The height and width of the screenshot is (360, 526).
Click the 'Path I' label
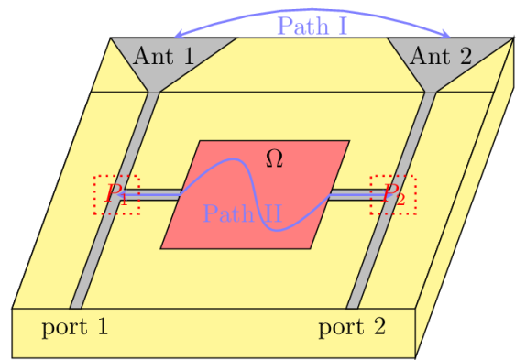point(312,25)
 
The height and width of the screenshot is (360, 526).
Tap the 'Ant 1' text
point(163,57)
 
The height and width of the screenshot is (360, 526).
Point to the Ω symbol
point(273,158)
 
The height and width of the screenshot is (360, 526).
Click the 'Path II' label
point(242,215)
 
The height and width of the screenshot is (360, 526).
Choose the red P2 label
point(394,193)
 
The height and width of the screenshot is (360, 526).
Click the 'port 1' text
point(74,327)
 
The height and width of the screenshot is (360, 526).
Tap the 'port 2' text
point(352,327)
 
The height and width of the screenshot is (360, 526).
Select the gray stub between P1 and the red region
point(159,193)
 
